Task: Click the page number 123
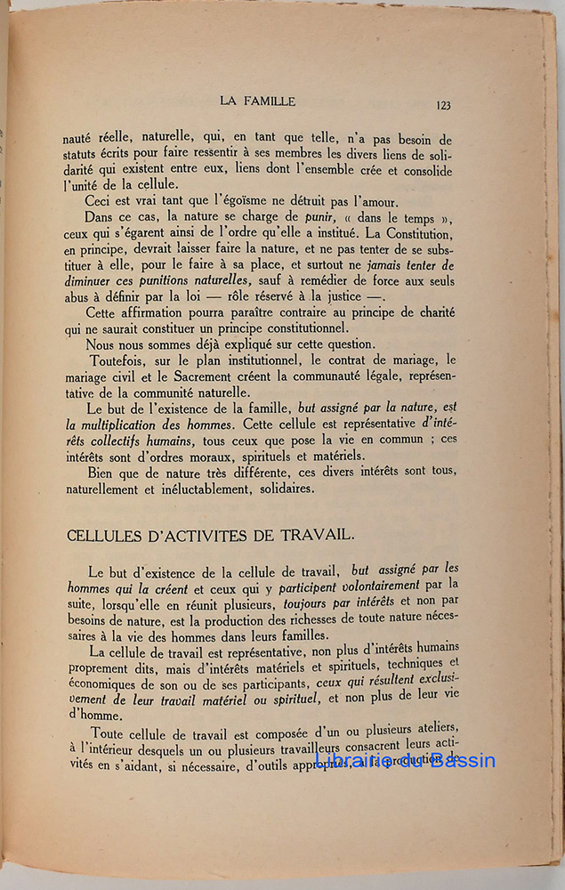point(443,105)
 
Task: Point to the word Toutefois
point(121,361)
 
